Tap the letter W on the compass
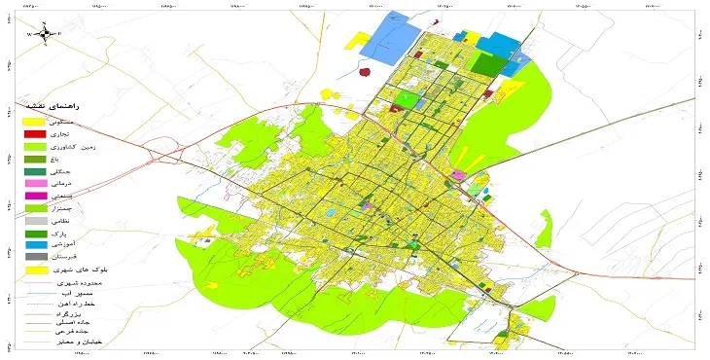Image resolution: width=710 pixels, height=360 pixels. pos(30,34)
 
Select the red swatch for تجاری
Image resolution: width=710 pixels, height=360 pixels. pos(35,132)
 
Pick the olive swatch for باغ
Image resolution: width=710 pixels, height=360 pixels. pos(35,158)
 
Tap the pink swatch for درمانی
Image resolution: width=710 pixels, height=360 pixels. pos(35,183)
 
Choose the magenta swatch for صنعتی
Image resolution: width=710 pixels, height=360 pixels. pos(35,196)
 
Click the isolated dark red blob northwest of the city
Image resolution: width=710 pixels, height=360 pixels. pos(365,71)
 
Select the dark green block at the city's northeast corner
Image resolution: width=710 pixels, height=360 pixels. pos(490,64)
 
